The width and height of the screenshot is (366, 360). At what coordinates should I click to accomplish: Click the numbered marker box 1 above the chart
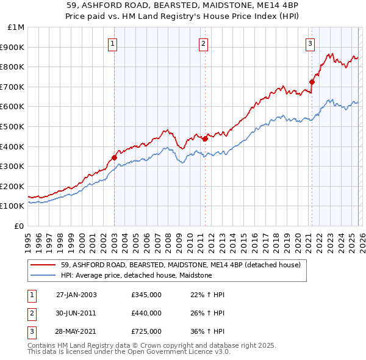(x=113, y=43)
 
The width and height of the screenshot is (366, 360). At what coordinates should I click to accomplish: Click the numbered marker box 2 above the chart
(x=203, y=43)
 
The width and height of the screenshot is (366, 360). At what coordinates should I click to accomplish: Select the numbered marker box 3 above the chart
(x=310, y=43)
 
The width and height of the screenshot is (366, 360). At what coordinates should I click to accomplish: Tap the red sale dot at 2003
(x=114, y=157)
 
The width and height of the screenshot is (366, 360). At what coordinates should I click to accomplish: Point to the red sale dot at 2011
(x=205, y=139)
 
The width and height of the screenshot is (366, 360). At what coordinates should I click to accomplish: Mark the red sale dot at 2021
(x=312, y=82)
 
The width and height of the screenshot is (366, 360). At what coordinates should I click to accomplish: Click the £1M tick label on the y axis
(x=16, y=27)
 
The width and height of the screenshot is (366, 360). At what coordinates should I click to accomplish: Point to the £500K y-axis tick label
(x=13, y=126)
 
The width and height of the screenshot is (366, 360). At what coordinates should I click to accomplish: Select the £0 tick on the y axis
(x=20, y=226)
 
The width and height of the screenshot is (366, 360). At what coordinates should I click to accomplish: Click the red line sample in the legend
(x=43, y=265)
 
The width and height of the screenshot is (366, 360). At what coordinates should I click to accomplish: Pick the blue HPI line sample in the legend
(x=43, y=276)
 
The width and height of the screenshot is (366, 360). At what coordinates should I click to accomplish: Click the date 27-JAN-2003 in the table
(x=76, y=295)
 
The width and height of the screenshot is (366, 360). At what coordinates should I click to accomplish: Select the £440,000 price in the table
(x=146, y=313)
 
